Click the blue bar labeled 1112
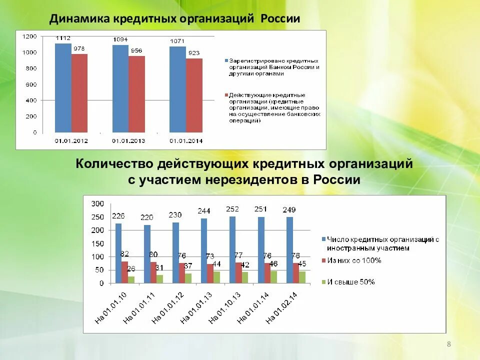pos(63,88)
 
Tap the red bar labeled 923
pos(194,95)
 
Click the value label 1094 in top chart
pos(120,39)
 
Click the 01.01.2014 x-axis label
pos(186,141)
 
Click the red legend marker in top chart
pos(226,95)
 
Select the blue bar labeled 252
pos(232,249)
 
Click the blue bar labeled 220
pos(147,254)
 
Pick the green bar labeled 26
pos(131,279)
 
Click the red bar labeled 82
pos(124,272)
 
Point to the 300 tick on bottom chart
pos(97,203)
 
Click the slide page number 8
pos(448,344)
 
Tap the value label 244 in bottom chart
pos(204,210)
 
